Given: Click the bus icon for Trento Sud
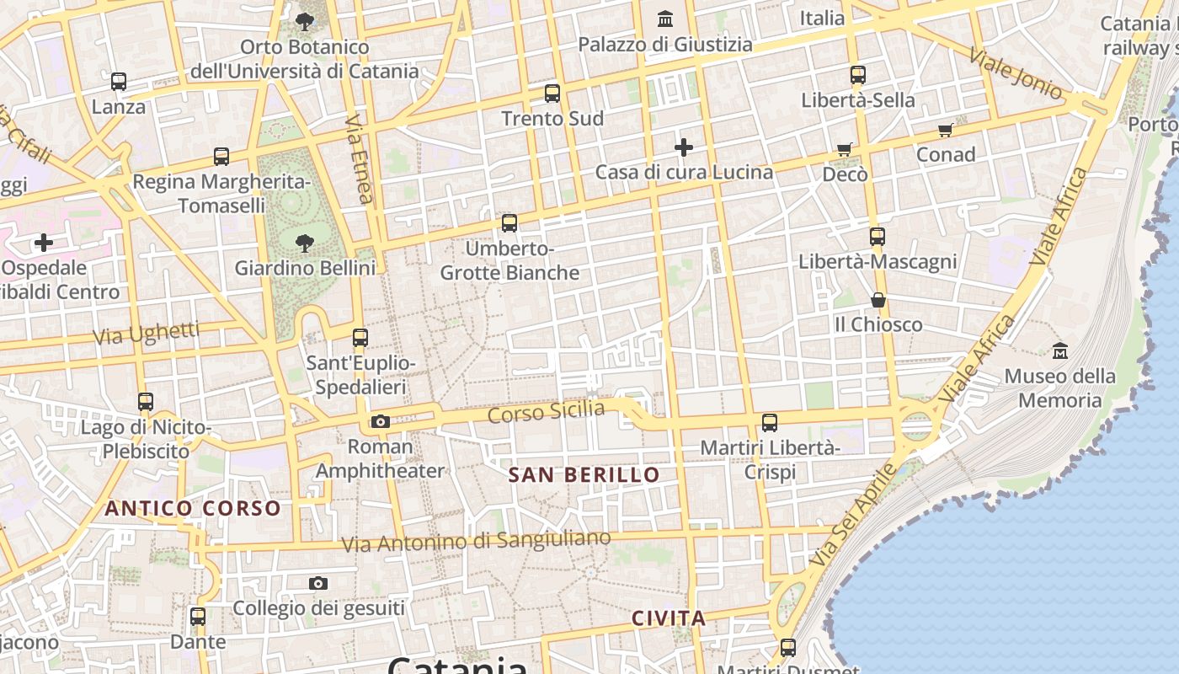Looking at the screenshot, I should click(x=552, y=94).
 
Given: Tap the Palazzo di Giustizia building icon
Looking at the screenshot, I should click(x=666, y=18).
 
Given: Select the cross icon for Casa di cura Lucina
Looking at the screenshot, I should click(x=684, y=147).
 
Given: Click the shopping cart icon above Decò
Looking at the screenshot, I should click(x=845, y=150).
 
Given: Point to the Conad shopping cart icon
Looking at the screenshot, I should click(x=946, y=130).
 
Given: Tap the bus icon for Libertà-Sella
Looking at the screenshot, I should click(x=858, y=75).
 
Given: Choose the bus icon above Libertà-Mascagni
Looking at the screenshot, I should click(x=878, y=237).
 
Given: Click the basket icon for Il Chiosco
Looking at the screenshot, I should click(x=878, y=300).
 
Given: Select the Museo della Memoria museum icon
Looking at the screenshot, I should click(x=1060, y=350).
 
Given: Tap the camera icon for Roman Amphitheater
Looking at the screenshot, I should click(x=381, y=421).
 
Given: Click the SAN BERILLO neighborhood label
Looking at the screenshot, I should click(x=584, y=475).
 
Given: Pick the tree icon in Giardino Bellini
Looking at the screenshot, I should click(x=305, y=243).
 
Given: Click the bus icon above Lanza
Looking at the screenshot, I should click(x=119, y=82).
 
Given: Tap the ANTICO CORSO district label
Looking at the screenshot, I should click(x=193, y=508).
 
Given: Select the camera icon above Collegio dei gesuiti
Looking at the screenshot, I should click(x=318, y=583).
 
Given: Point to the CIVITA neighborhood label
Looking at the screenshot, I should click(x=669, y=618).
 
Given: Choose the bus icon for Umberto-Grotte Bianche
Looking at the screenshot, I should click(x=509, y=223).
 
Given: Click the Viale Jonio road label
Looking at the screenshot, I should click(x=1015, y=71).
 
